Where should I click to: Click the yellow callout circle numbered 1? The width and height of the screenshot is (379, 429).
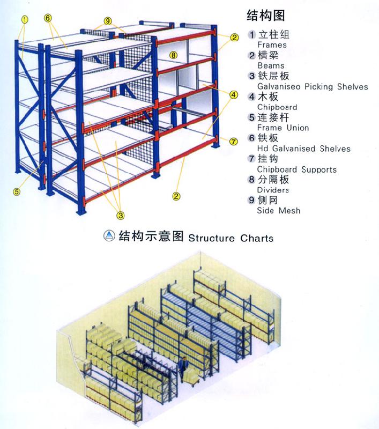pyautogui.click(x=25, y=19)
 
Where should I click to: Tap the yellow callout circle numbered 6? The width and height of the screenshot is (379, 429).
pyautogui.click(x=48, y=18)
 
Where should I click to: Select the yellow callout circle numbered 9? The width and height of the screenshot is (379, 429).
pyautogui.click(x=108, y=21)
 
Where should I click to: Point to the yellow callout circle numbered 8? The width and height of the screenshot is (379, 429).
pyautogui.click(x=173, y=55)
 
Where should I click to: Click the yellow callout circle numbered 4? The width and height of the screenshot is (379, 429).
pyautogui.click(x=233, y=95)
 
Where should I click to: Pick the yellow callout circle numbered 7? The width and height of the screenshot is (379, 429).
pyautogui.click(x=233, y=142)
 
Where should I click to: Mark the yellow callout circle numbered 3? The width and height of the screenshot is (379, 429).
pyautogui.click(x=121, y=216)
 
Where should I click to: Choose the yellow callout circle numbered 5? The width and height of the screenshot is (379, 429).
pyautogui.click(x=17, y=192)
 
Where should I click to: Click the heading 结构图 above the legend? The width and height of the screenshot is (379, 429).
pyautogui.click(x=266, y=16)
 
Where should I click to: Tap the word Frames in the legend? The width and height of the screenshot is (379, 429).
pyautogui.click(x=272, y=45)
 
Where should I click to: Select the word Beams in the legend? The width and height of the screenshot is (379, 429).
pyautogui.click(x=271, y=65)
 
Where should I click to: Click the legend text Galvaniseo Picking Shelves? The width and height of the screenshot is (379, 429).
pyautogui.click(x=313, y=87)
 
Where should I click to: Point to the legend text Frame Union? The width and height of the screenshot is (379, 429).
pyautogui.click(x=283, y=128)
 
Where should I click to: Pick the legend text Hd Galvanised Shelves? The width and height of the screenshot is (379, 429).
pyautogui.click(x=304, y=149)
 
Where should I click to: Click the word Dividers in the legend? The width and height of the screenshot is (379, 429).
pyautogui.click(x=273, y=190)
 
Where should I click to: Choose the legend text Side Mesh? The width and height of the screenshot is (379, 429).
pyautogui.click(x=279, y=211)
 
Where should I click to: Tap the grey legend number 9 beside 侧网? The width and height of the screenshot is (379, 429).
pyautogui.click(x=251, y=200)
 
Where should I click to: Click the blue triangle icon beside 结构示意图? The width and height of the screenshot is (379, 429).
pyautogui.click(x=109, y=235)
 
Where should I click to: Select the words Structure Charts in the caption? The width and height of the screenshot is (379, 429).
pyautogui.click(x=231, y=238)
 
